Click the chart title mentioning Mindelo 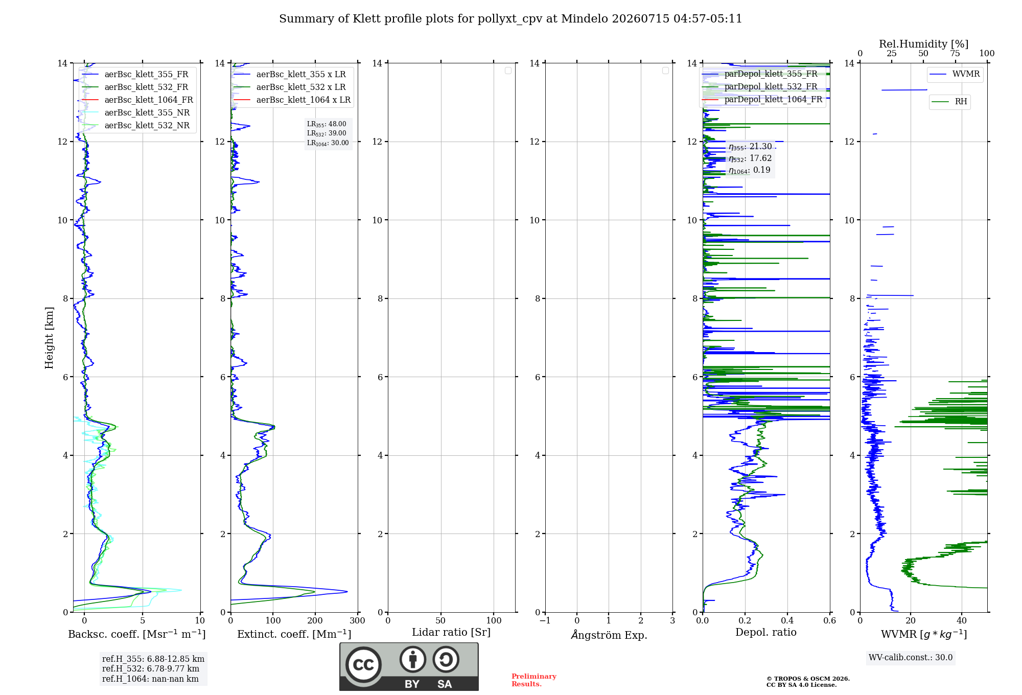coord(510,19)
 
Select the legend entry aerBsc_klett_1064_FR coord(137,100)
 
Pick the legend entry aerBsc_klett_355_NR coord(136,113)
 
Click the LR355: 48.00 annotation coord(327,124)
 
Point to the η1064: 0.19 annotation coord(749,170)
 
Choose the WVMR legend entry coord(955,74)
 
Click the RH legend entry coord(949,102)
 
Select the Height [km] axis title coord(49,338)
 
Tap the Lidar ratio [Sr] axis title coord(451,633)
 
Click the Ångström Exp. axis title coord(609,635)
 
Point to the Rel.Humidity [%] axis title coord(923,44)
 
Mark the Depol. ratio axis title coord(766,633)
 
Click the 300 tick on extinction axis coord(358,621)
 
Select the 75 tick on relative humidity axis coord(955,54)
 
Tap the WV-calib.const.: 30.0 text coord(911,658)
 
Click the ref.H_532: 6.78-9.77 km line coord(151,669)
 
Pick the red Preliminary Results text coord(534,680)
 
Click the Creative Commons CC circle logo coord(363,664)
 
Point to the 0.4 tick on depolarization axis coord(787,621)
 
